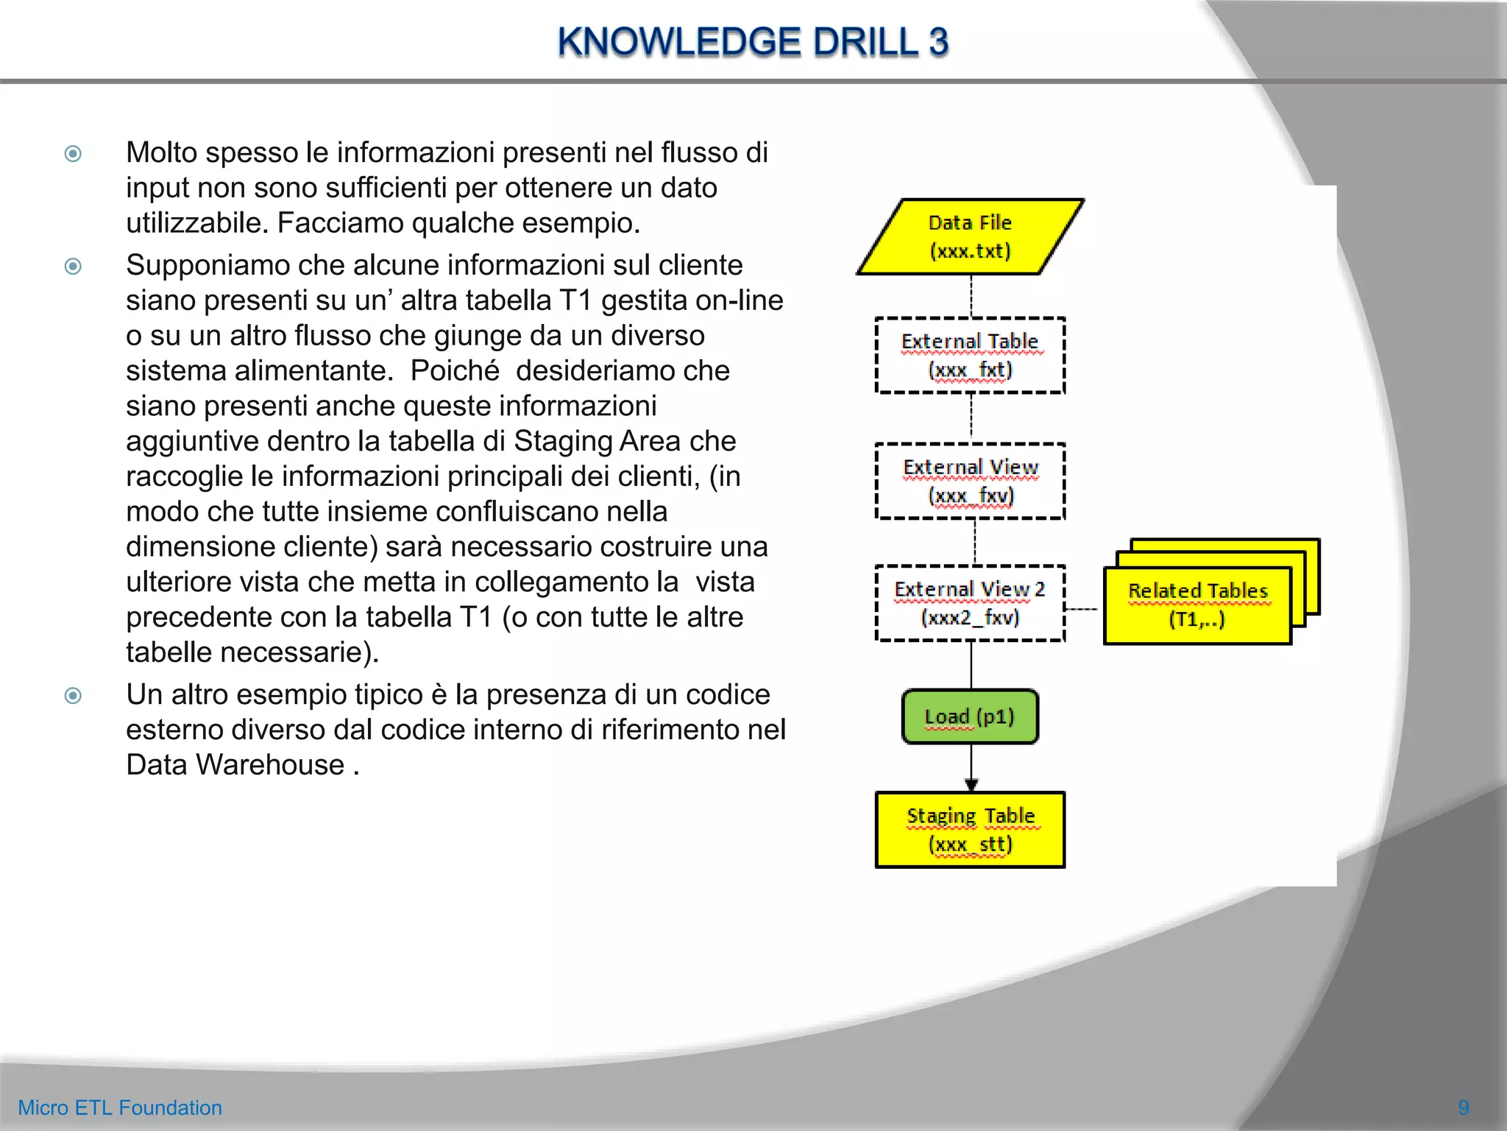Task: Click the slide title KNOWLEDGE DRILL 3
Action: (x=753, y=42)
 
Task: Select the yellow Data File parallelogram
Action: (x=970, y=237)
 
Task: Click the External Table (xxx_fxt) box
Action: (x=970, y=356)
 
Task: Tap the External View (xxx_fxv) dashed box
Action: (x=970, y=482)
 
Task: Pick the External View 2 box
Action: (x=970, y=603)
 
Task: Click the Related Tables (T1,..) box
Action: (x=1197, y=605)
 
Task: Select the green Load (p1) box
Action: (x=970, y=716)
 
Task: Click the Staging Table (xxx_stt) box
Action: (x=970, y=830)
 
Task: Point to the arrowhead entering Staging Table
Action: (x=971, y=785)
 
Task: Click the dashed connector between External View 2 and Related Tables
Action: (x=1082, y=609)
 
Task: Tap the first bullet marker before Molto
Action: (x=73, y=154)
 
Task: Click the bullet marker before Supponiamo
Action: (x=73, y=266)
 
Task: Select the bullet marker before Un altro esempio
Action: (x=73, y=695)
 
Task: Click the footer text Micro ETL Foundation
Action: (x=120, y=1107)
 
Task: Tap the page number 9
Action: (x=1463, y=1107)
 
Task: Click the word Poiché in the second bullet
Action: (x=455, y=371)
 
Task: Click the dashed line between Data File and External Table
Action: (x=971, y=296)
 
